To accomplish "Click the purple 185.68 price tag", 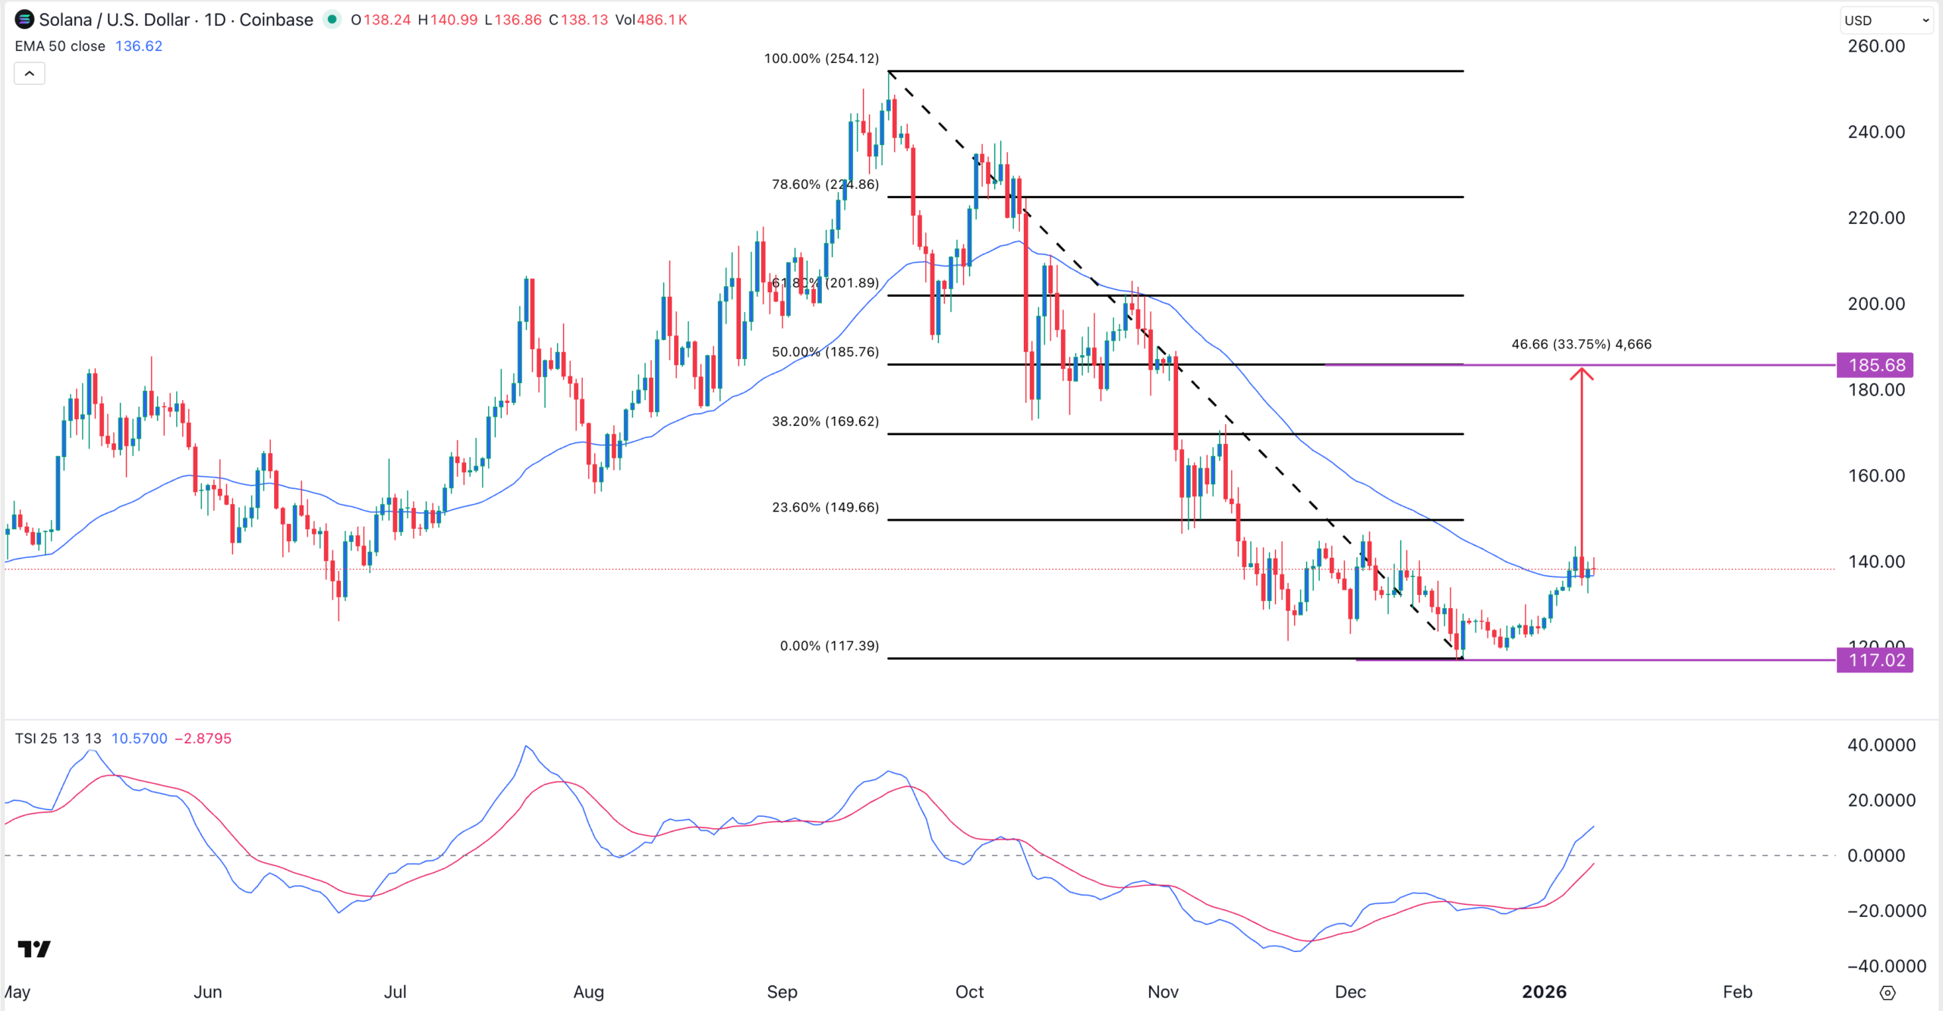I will point(1875,365).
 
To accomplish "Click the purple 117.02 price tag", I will point(1875,660).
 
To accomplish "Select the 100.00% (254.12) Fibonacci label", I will point(821,58).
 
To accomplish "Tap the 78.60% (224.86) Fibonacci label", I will point(825,184).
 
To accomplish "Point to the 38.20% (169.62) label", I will point(825,421).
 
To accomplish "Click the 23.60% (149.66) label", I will point(825,507).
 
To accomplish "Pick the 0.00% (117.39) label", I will point(829,646).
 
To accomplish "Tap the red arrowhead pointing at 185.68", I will point(1582,373).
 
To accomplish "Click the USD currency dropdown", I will point(1885,20).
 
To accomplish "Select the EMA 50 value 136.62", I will point(138,46).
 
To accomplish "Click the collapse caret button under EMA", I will point(30,74).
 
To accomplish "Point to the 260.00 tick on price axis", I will point(1875,46).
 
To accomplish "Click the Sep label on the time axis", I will point(782,991).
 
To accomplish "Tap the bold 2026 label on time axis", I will point(1544,991).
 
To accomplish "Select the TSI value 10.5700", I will point(139,739).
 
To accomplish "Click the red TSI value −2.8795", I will point(203,739).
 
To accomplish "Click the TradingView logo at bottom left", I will point(34,949).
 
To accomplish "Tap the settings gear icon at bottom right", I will point(1888,993).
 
